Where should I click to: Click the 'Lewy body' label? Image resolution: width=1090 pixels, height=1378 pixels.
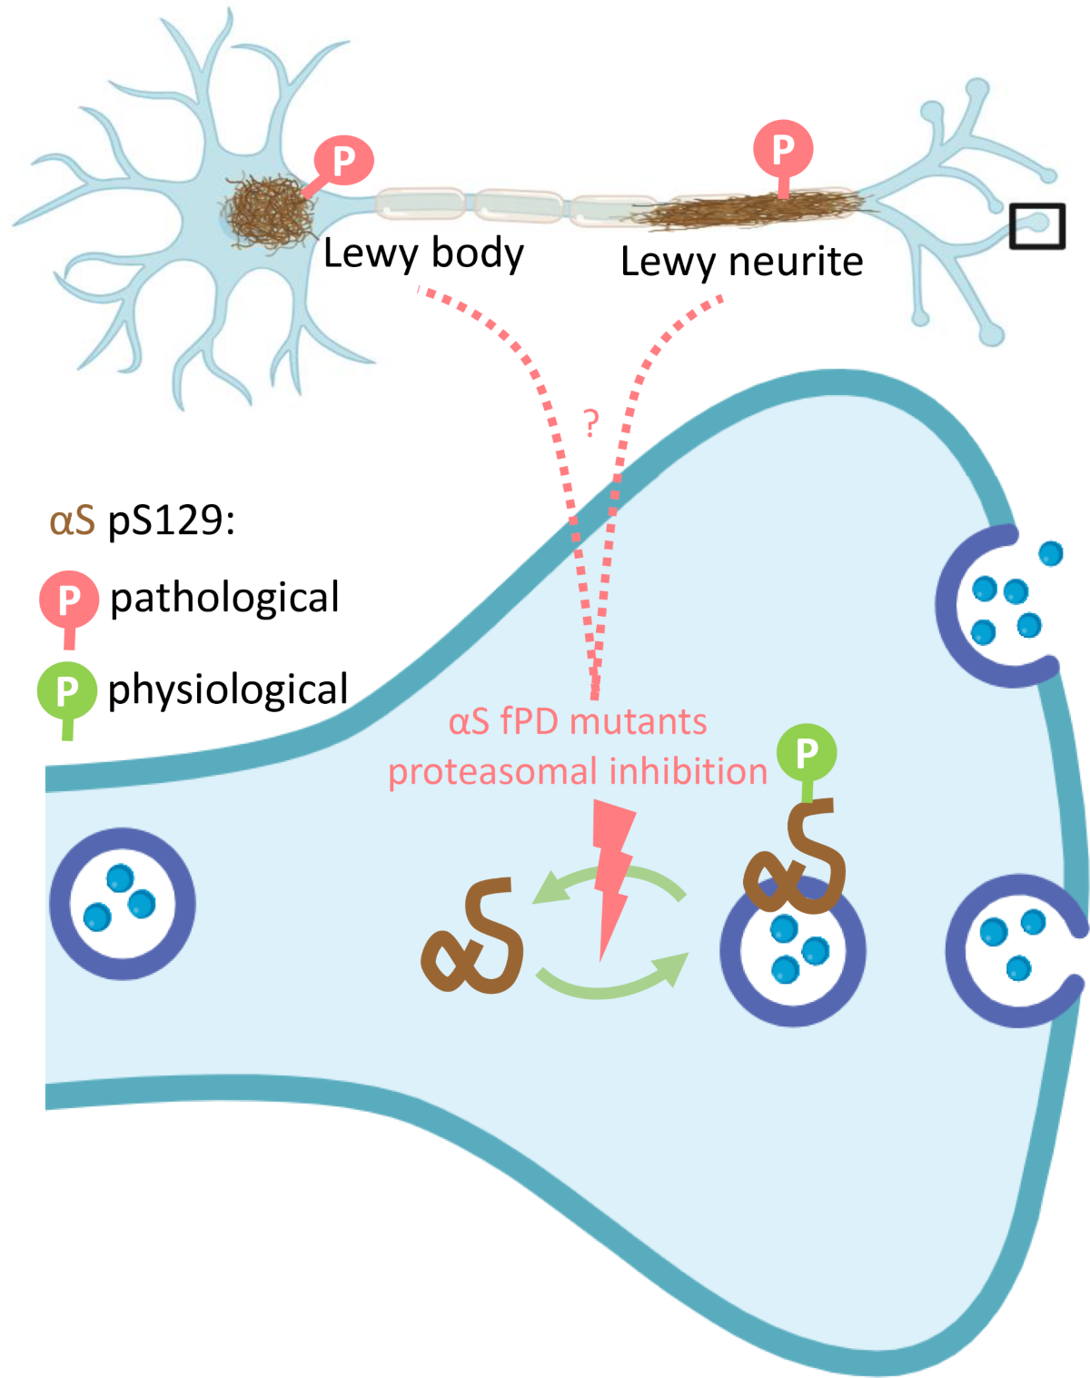(x=423, y=254)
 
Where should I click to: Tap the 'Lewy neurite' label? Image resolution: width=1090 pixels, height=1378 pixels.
(x=741, y=263)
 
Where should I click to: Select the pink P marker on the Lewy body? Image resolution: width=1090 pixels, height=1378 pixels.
(x=344, y=161)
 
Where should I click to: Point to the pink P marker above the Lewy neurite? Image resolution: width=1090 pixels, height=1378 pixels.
(x=783, y=148)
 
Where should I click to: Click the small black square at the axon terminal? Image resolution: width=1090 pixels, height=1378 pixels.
(x=1036, y=226)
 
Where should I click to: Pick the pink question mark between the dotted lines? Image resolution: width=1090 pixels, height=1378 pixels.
(x=591, y=422)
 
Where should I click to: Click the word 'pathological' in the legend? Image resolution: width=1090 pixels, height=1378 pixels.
(x=224, y=599)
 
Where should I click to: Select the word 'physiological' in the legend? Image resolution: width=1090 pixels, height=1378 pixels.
(x=228, y=690)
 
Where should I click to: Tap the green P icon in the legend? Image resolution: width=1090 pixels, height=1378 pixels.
(x=66, y=692)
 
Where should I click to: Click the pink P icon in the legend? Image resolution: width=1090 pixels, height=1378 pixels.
(x=68, y=600)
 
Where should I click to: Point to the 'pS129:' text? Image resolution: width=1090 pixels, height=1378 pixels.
(x=172, y=521)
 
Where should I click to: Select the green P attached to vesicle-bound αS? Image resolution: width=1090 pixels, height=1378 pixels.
(x=807, y=753)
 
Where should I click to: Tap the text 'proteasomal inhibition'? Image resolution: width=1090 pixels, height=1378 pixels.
(x=578, y=772)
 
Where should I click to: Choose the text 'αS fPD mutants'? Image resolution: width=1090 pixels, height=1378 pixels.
(x=578, y=723)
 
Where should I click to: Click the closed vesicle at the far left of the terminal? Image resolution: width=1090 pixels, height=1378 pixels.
(x=123, y=903)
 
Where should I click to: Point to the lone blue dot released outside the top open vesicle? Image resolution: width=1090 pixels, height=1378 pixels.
(x=1051, y=553)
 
